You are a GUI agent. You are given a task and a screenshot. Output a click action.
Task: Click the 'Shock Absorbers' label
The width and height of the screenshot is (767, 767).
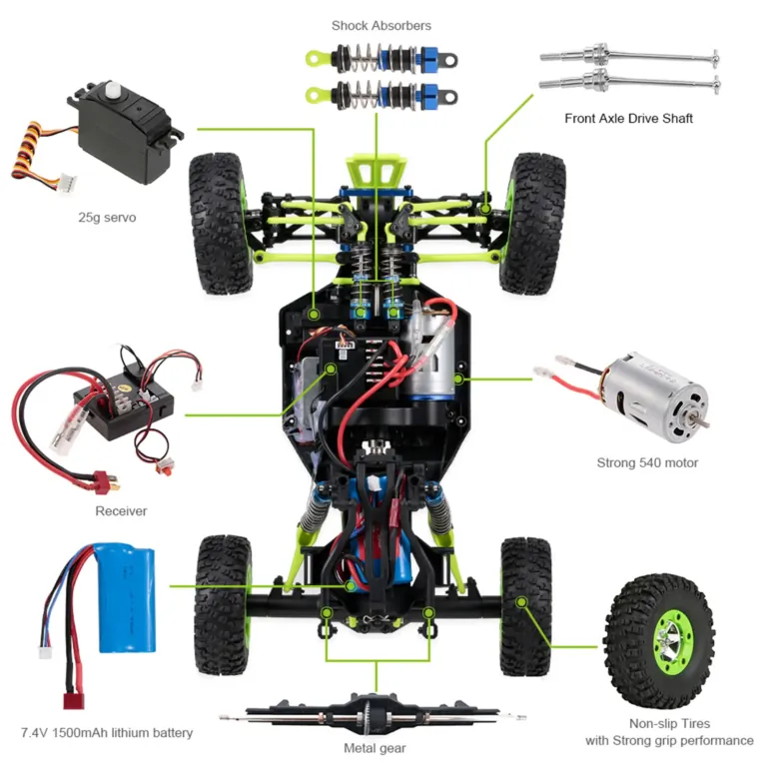pyautogui.click(x=382, y=25)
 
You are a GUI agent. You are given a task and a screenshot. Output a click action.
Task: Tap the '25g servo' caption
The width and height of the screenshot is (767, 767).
pyautogui.click(x=107, y=216)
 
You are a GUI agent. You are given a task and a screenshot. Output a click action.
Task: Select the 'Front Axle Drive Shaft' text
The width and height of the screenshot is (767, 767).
pyautogui.click(x=628, y=118)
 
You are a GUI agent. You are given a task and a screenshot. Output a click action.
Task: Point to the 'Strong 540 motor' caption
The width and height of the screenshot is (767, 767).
pyautogui.click(x=647, y=462)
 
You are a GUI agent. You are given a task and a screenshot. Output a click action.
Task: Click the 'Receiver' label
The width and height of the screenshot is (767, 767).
pyautogui.click(x=121, y=511)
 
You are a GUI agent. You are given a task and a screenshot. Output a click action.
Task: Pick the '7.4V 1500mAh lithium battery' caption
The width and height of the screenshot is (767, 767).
pyautogui.click(x=107, y=733)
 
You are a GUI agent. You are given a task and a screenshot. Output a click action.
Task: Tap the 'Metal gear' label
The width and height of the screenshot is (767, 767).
pyautogui.click(x=379, y=747)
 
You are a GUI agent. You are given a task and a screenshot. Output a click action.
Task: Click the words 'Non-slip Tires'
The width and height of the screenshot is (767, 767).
pyautogui.click(x=669, y=723)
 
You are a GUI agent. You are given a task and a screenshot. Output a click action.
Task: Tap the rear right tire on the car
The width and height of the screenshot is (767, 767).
pyautogui.click(x=525, y=605)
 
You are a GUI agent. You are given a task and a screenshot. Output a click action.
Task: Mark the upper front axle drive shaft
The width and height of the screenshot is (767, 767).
pyautogui.click(x=628, y=55)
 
